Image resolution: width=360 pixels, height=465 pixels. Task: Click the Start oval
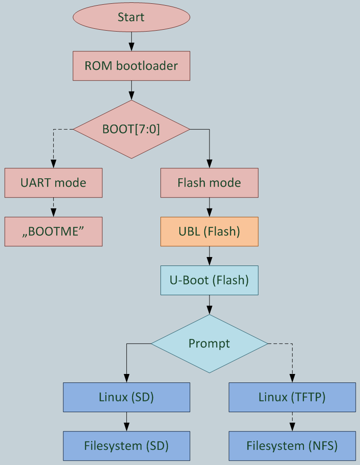(x=131, y=17)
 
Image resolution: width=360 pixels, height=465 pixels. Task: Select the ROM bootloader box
(x=131, y=66)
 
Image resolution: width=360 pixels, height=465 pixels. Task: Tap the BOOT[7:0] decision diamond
(x=131, y=129)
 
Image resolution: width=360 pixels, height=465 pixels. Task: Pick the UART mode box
(x=53, y=183)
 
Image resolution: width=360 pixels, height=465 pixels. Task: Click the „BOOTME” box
(x=53, y=232)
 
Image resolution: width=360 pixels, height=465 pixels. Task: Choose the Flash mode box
(x=209, y=183)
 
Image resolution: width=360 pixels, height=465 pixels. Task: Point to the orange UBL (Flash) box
(x=209, y=232)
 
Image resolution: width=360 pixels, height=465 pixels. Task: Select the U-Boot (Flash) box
(x=209, y=280)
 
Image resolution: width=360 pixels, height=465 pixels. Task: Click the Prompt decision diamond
(x=209, y=344)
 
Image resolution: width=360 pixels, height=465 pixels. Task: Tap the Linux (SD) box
(x=126, y=397)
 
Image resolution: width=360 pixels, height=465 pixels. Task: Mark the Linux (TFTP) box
(x=292, y=397)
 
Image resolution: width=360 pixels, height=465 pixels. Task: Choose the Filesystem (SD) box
(x=126, y=446)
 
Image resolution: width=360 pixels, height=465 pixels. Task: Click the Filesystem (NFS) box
(x=292, y=446)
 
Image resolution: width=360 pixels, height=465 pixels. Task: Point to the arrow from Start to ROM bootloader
(x=131, y=42)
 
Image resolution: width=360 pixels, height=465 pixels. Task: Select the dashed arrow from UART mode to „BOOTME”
(x=53, y=207)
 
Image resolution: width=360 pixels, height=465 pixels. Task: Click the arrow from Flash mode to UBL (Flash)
(x=209, y=207)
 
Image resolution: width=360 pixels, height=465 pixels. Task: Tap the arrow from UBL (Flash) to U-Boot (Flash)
(x=209, y=256)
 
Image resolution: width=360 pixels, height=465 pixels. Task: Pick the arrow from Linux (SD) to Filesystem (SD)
(x=126, y=421)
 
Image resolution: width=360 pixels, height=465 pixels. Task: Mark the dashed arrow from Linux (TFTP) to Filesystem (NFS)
(x=292, y=421)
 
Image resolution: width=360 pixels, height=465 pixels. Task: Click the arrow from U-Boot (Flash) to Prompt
(x=209, y=305)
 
